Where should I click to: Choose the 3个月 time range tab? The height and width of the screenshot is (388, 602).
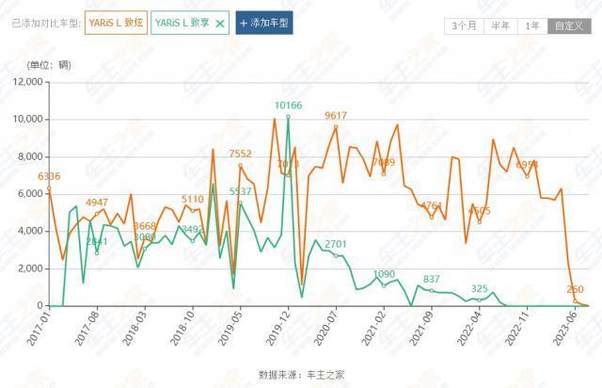(463, 25)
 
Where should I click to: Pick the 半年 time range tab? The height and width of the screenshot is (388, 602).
(499, 25)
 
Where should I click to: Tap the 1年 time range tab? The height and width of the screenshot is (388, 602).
(533, 25)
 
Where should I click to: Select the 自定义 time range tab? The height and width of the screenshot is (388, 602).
(566, 25)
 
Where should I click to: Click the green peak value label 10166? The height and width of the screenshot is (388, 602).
(288, 105)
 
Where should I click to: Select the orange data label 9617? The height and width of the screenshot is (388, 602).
(336, 116)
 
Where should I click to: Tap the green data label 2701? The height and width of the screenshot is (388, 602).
(336, 244)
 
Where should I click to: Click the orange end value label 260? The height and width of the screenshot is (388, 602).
(576, 289)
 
